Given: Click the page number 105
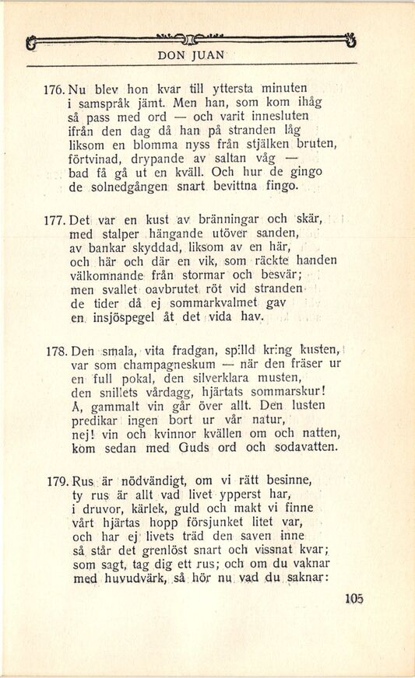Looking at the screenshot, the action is [x=353, y=599].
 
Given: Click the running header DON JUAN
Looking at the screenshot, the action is [x=192, y=55].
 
